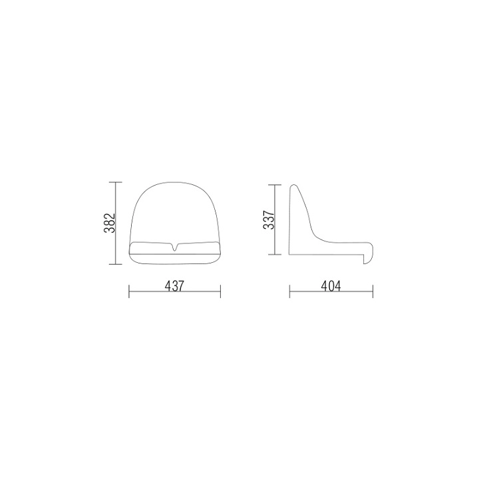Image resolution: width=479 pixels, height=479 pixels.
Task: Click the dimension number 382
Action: point(110,222)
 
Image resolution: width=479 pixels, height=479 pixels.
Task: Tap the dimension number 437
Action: point(174,286)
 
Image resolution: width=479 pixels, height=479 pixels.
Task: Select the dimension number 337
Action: point(269,220)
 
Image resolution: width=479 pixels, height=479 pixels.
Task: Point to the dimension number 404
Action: point(331,286)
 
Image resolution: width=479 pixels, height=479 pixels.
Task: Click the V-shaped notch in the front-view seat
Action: point(174,247)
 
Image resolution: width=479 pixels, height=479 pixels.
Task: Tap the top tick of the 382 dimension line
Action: point(116,182)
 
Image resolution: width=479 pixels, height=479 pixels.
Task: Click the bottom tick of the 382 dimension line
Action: point(116,264)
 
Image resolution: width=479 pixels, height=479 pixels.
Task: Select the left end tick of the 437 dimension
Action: point(129,291)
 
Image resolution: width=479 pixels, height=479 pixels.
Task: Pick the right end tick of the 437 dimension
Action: point(220,291)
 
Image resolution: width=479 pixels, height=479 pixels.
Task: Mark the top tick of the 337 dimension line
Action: point(275,185)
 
